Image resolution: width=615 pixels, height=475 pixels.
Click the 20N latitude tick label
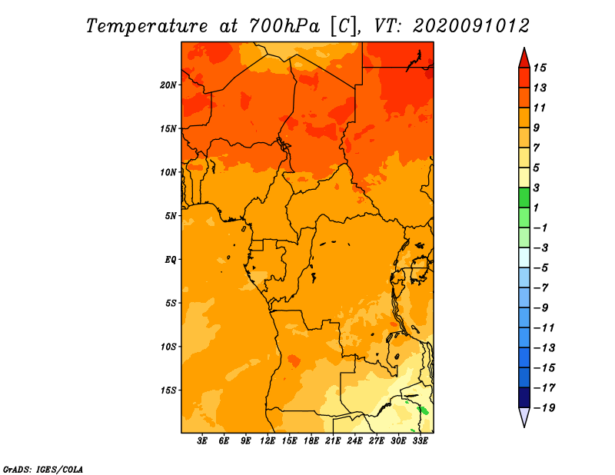click(x=168, y=85)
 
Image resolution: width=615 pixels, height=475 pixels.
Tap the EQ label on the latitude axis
click(x=171, y=260)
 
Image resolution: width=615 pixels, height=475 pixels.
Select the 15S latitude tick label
click(x=168, y=390)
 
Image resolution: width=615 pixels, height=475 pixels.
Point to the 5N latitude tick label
click(x=171, y=216)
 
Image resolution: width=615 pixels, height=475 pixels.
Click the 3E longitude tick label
click(x=202, y=440)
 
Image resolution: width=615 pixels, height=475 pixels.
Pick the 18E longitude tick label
click(x=311, y=440)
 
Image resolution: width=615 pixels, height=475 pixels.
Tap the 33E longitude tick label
click(x=420, y=440)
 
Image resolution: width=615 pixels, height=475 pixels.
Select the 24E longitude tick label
click(x=354, y=440)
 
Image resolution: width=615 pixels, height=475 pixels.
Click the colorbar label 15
click(x=540, y=68)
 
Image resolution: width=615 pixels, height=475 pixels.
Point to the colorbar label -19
click(x=544, y=408)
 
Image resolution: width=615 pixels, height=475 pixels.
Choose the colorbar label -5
click(x=541, y=268)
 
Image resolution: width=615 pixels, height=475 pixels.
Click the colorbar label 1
click(x=536, y=208)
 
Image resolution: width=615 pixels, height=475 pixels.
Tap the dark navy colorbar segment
click(x=524, y=397)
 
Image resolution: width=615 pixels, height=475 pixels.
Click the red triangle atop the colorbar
click(x=524, y=59)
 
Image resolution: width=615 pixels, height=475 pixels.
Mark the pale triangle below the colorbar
click(x=524, y=417)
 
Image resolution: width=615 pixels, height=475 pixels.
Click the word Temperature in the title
click(x=147, y=26)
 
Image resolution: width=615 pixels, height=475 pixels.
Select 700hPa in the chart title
click(x=284, y=26)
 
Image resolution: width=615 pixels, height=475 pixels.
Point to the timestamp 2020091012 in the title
click(x=471, y=26)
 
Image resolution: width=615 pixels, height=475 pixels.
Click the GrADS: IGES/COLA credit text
click(x=43, y=470)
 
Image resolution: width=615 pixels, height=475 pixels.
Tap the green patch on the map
click(x=423, y=410)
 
